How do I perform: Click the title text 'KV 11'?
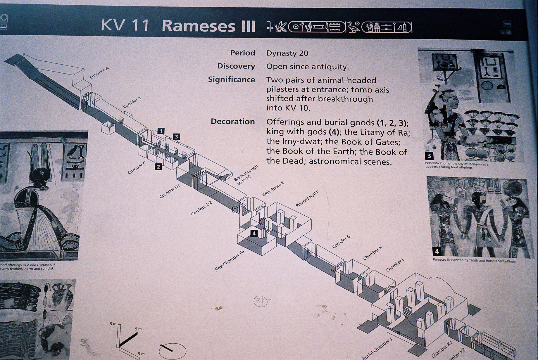(125, 25)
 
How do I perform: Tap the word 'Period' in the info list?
(242, 53)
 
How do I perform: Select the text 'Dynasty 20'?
(287, 53)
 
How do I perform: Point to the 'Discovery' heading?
(236, 66)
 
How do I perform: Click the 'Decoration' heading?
(233, 122)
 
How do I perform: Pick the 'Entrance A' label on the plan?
(99, 72)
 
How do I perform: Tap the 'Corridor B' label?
(132, 102)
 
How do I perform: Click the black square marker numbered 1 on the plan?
(161, 131)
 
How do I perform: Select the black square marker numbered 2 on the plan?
(158, 167)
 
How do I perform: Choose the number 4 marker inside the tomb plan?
(254, 233)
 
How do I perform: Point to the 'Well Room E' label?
(273, 189)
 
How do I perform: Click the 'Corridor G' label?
(341, 242)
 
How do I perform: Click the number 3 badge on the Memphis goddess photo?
(429, 156)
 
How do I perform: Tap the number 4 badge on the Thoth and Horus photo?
(437, 251)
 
